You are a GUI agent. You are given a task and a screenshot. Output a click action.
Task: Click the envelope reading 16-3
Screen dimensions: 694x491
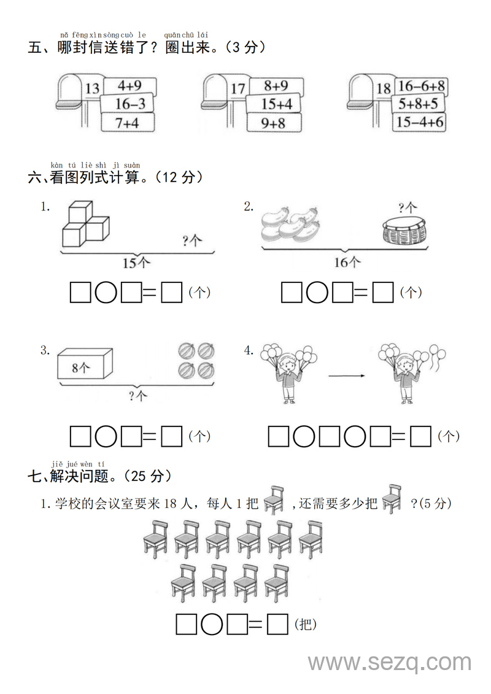[130, 104]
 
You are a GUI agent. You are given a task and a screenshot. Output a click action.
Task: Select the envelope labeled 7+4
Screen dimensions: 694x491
[128, 123]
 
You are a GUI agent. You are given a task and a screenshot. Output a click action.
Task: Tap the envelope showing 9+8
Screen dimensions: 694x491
[274, 123]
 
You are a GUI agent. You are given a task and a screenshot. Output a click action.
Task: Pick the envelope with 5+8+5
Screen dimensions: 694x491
[418, 104]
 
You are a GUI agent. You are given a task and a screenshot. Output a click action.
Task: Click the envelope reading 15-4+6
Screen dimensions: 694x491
[420, 122]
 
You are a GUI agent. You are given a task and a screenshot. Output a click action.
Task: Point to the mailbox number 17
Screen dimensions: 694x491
[238, 89]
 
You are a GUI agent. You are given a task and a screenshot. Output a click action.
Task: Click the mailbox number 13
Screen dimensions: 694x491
[92, 89]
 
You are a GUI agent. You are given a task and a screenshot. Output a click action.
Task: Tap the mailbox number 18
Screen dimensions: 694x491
[384, 89]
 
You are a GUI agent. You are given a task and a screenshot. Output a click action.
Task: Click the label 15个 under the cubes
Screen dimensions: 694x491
[136, 263]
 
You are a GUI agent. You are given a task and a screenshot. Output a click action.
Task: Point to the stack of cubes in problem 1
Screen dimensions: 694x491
[85, 225]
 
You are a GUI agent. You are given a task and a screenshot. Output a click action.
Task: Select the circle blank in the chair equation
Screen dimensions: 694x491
[212, 624]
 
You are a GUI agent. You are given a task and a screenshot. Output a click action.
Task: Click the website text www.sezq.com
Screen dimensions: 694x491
[390, 663]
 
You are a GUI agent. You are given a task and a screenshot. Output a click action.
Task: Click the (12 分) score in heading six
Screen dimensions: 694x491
[179, 177]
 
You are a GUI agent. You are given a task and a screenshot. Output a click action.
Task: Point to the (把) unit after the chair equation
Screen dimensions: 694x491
[306, 625]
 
